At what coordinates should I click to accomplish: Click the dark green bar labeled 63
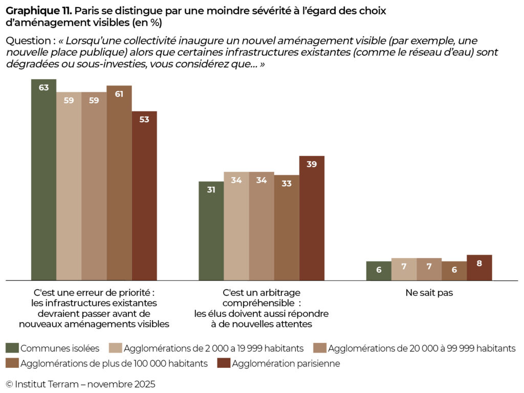[43, 180]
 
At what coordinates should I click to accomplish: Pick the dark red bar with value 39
[312, 218]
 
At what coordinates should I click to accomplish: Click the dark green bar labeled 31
[211, 231]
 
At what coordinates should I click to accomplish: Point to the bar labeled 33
[287, 228]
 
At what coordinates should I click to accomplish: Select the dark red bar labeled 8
[479, 268]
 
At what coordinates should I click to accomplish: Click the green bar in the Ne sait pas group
[379, 271]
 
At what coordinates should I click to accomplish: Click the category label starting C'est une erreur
[94, 309]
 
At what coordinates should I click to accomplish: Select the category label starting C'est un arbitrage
[261, 309]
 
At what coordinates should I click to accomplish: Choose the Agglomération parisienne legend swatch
[223, 364]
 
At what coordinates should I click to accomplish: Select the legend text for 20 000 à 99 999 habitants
[421, 348]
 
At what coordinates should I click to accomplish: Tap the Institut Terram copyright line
[80, 384]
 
